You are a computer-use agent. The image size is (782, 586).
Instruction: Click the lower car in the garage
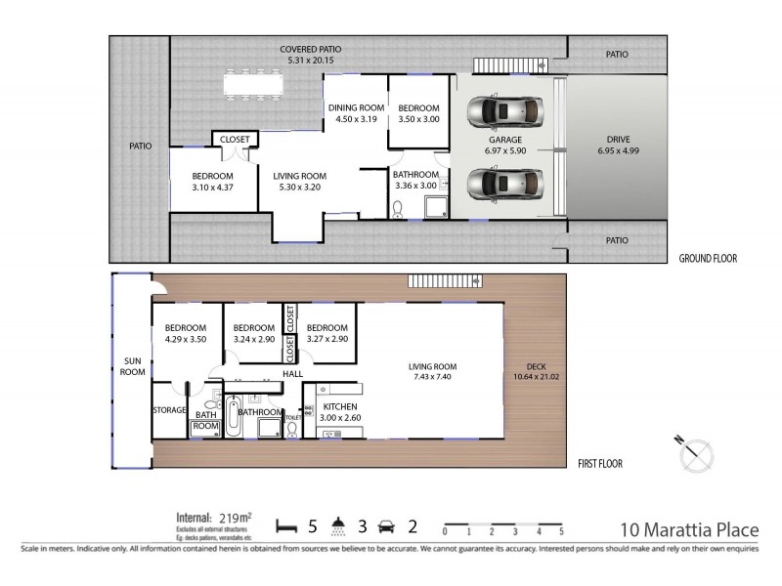coord(505,183)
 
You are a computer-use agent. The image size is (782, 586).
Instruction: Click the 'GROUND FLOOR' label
coord(708,259)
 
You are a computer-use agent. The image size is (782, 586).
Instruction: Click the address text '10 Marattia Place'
coord(690,530)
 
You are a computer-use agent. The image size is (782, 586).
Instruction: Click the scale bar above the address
coord(502,528)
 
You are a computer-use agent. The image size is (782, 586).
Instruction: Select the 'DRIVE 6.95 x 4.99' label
coord(616,146)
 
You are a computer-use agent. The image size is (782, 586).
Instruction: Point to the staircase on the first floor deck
coord(445,282)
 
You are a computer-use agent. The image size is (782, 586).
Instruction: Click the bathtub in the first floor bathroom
coord(233,417)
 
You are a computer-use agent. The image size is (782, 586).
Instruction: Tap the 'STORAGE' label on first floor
coord(169,410)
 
